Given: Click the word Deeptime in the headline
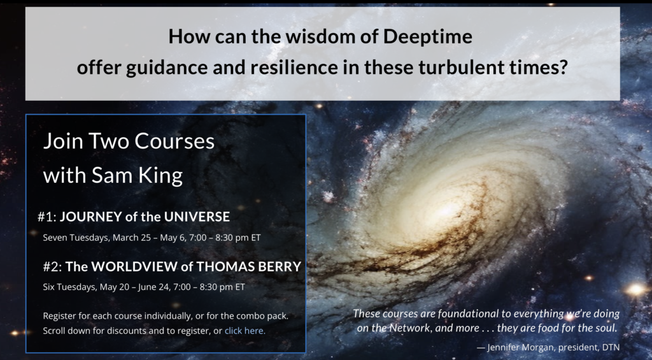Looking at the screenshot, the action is (x=427, y=36).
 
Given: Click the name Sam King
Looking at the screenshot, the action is (x=137, y=175).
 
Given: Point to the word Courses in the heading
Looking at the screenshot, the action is (x=174, y=141).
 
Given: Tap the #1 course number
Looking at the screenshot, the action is (x=47, y=217).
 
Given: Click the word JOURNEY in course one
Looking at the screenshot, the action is (x=90, y=217).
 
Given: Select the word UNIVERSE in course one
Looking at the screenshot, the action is (x=197, y=217).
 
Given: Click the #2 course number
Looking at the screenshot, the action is (x=52, y=267).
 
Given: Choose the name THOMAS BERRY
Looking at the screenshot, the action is (x=249, y=267).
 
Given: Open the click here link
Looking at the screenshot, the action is (x=245, y=331).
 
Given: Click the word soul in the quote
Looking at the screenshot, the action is (x=606, y=328).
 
